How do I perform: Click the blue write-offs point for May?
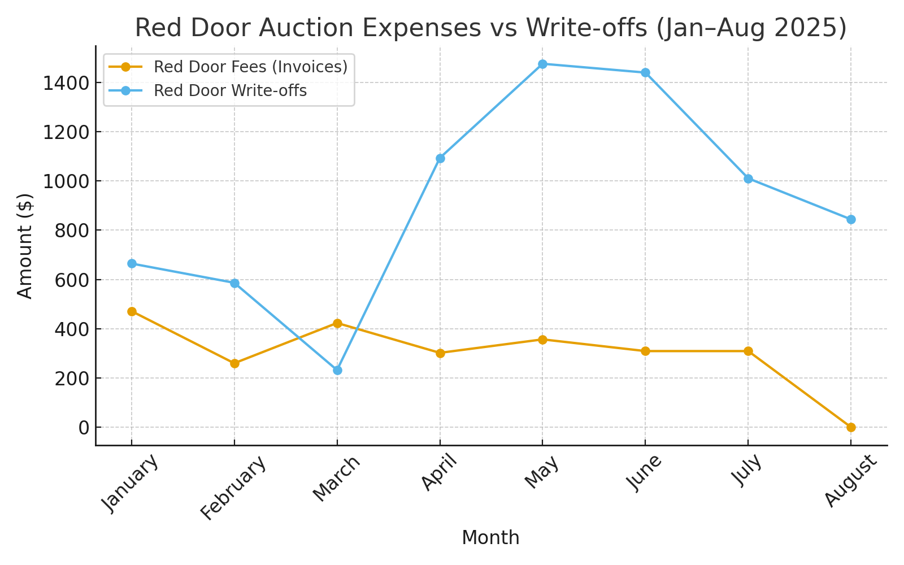[542, 64]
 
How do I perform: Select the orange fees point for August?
[851, 427]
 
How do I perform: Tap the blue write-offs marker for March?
[337, 371]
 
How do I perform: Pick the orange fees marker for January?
[132, 311]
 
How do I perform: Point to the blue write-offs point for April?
[440, 158]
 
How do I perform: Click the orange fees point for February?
[234, 363]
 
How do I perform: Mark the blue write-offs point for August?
[851, 219]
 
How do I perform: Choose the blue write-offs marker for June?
[645, 72]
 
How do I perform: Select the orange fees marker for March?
[337, 323]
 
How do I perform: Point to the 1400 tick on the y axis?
[67, 83]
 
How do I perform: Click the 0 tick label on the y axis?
[84, 428]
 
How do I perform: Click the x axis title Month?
[490, 538]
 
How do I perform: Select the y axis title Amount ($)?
[25, 246]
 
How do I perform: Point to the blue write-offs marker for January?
[132, 263]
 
